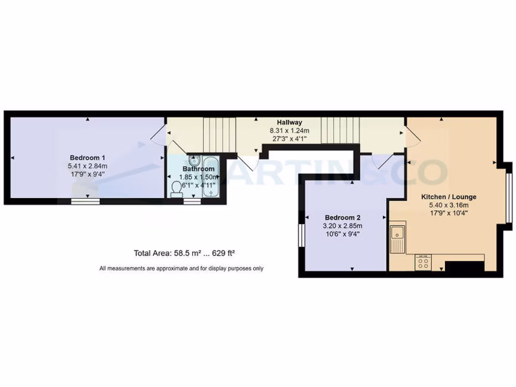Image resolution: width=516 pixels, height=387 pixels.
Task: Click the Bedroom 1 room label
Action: click(88, 157)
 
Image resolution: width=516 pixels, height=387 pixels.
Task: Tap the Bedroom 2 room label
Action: click(342, 217)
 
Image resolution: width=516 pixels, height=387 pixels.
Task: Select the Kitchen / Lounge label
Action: click(448, 197)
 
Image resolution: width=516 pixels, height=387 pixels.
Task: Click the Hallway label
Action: click(289, 122)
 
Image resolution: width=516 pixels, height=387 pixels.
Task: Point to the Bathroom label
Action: click(199, 169)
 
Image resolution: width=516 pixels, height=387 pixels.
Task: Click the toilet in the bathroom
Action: click(176, 188)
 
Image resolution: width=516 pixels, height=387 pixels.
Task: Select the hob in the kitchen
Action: click(423, 263)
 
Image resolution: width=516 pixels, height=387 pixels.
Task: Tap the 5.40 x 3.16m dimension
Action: click(448, 205)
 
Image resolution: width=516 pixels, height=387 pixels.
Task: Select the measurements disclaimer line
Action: click(181, 269)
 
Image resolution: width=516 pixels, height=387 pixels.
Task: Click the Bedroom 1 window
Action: click(85, 202)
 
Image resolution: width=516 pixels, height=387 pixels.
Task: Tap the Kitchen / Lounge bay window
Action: click(509, 197)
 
